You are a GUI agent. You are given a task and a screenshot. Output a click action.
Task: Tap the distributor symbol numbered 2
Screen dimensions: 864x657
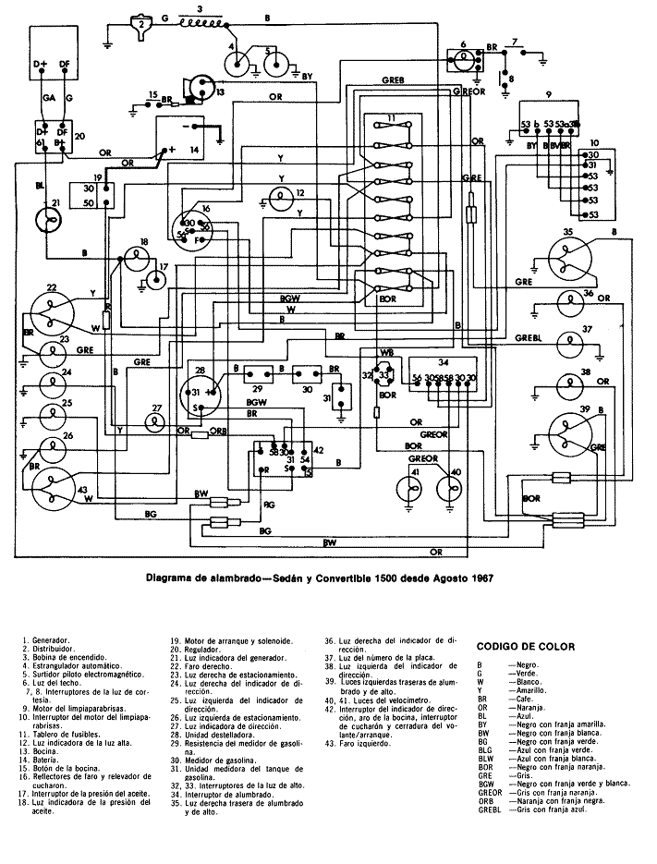click(140, 25)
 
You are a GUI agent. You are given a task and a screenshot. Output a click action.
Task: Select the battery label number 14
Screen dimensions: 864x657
click(194, 149)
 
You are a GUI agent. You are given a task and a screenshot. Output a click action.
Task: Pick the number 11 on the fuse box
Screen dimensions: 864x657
click(392, 120)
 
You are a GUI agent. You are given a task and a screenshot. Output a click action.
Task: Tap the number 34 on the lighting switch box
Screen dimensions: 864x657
click(444, 361)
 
